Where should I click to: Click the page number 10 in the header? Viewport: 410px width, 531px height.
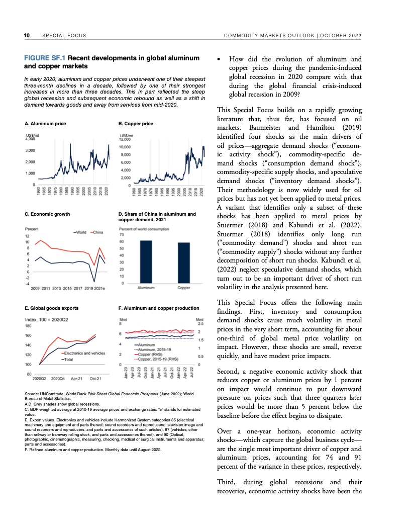coord(27,35)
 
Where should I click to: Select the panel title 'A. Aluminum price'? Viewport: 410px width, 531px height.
coord(45,124)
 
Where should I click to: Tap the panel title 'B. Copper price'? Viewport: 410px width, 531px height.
coord(136,124)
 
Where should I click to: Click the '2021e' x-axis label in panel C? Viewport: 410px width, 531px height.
coord(99,289)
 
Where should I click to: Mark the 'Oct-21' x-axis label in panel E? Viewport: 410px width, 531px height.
coord(95,378)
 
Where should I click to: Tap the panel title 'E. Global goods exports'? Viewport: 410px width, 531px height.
coord(51,307)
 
